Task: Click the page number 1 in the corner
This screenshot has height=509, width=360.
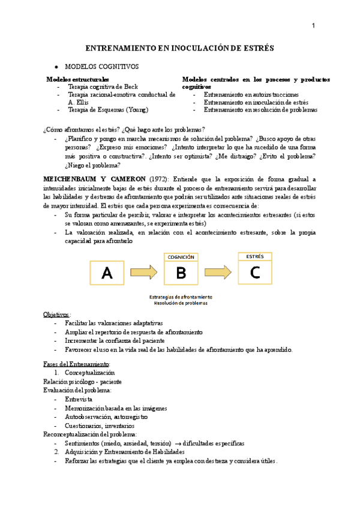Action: [314, 25]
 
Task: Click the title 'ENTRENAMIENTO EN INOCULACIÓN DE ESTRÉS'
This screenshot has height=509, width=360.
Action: [180, 47]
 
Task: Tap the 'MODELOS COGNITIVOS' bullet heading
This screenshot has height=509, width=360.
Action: [101, 66]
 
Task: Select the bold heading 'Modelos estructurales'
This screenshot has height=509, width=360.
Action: [77, 79]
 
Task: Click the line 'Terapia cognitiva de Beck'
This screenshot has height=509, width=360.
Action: [103, 87]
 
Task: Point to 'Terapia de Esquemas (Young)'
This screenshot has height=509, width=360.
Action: [108, 110]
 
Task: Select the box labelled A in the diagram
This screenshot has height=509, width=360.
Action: [107, 274]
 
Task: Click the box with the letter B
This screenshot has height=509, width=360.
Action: [181, 274]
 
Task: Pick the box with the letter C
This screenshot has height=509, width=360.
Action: [255, 272]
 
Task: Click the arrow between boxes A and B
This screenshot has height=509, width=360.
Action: [144, 273]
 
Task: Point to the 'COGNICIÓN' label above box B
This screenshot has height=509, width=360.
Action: [181, 257]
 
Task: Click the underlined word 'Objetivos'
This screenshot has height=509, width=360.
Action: [56, 315]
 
